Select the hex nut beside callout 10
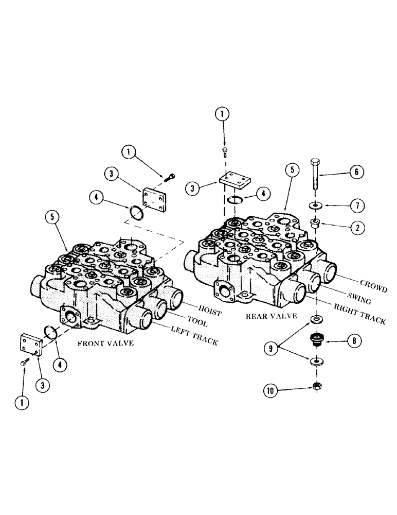click(x=315, y=386)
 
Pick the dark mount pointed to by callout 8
click(x=315, y=340)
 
